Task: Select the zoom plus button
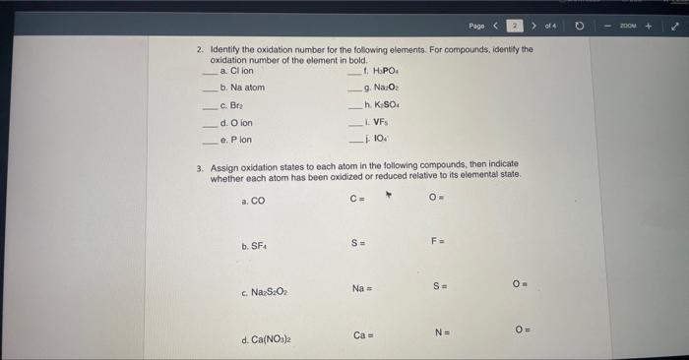pos(649,24)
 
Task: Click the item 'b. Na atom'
pos(242,88)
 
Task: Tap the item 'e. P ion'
pos(235,140)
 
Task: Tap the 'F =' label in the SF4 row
pos(438,241)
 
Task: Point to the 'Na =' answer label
pos(362,288)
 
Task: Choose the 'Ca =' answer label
pos(362,336)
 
